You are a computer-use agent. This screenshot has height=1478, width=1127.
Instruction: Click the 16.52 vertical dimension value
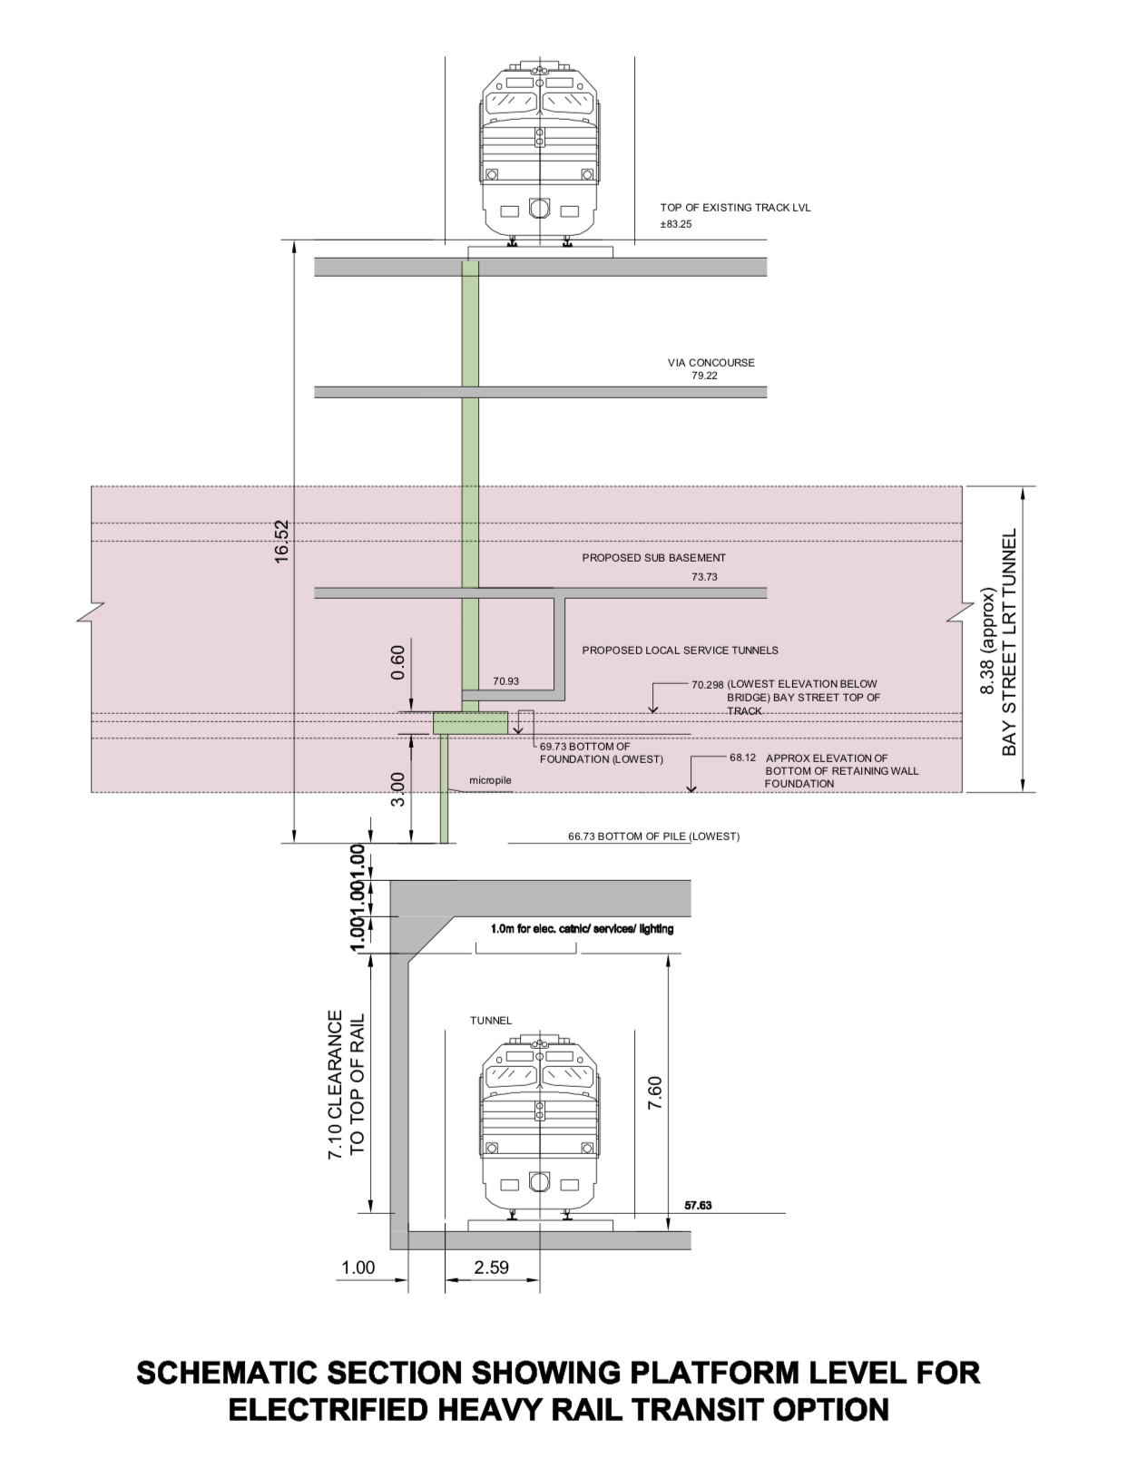[x=281, y=541]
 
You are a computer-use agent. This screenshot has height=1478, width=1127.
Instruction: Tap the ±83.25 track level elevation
[x=676, y=224]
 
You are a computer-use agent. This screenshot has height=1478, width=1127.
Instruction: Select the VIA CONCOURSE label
[x=711, y=363]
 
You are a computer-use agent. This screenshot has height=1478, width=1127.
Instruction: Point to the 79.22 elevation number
[x=704, y=376]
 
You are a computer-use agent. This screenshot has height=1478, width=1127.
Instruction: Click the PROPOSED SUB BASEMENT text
[x=653, y=558]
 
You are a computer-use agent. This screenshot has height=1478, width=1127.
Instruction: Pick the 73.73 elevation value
[x=704, y=577]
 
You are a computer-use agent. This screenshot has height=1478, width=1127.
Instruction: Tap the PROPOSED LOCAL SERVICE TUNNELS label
[x=680, y=651]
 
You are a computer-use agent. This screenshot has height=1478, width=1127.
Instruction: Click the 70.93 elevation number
[x=506, y=681]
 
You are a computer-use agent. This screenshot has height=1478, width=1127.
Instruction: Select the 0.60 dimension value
[x=397, y=662]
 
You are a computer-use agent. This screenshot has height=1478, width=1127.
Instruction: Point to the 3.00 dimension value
[x=397, y=788]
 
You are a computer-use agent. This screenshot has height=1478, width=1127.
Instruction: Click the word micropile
[x=490, y=780]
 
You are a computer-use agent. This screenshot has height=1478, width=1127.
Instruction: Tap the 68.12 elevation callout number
[x=742, y=758]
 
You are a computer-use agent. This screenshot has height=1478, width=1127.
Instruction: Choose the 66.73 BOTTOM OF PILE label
[x=653, y=837]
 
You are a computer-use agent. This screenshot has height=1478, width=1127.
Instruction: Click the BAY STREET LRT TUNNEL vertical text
[x=1010, y=641]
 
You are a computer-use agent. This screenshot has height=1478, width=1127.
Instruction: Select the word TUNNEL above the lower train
[x=491, y=1021]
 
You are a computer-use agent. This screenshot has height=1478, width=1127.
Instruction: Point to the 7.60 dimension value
[x=655, y=1092]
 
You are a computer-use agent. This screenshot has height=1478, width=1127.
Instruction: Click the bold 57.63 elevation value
[x=698, y=1206]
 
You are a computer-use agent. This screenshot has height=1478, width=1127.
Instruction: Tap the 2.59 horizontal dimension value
[x=491, y=1268]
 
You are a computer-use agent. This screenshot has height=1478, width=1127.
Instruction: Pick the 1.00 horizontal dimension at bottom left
[x=358, y=1268]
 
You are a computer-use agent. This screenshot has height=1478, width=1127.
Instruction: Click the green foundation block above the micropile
[x=470, y=723]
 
